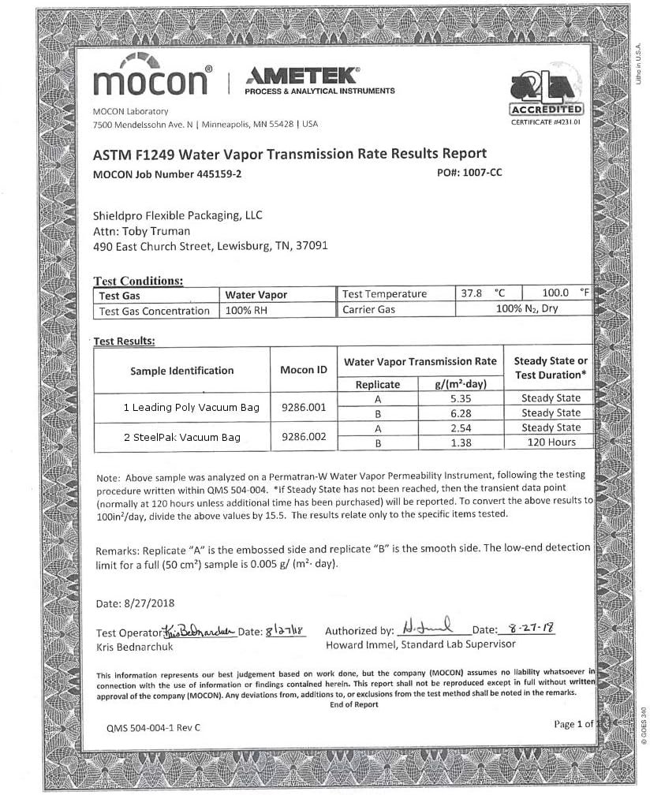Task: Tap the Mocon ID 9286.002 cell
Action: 304,436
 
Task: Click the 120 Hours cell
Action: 551,443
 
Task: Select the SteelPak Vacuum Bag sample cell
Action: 182,437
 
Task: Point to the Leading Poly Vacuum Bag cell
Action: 192,407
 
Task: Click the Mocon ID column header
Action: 304,370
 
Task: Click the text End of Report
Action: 354,704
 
